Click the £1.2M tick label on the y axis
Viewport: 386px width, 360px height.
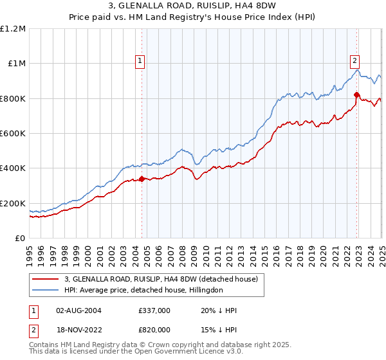(x=13, y=28)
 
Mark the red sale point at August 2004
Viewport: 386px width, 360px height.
(x=142, y=179)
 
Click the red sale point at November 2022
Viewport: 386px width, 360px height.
(x=356, y=94)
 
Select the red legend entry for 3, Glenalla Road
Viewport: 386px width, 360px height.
(x=161, y=279)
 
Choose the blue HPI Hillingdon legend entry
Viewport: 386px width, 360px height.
(x=143, y=291)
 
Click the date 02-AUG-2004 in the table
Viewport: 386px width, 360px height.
(x=78, y=310)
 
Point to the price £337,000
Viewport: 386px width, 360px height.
(x=154, y=310)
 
